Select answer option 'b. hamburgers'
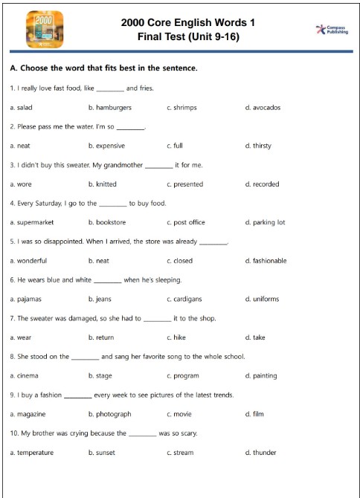[x=109, y=108]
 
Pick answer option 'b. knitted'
[x=102, y=184]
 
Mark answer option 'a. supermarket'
[x=36, y=222]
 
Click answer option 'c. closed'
[x=179, y=261]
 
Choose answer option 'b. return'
[x=102, y=337]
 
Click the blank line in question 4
[x=113, y=204]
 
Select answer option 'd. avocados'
[x=262, y=108]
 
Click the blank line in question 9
[x=78, y=395]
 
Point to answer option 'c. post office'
[x=185, y=222]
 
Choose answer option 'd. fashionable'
[x=266, y=261]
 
